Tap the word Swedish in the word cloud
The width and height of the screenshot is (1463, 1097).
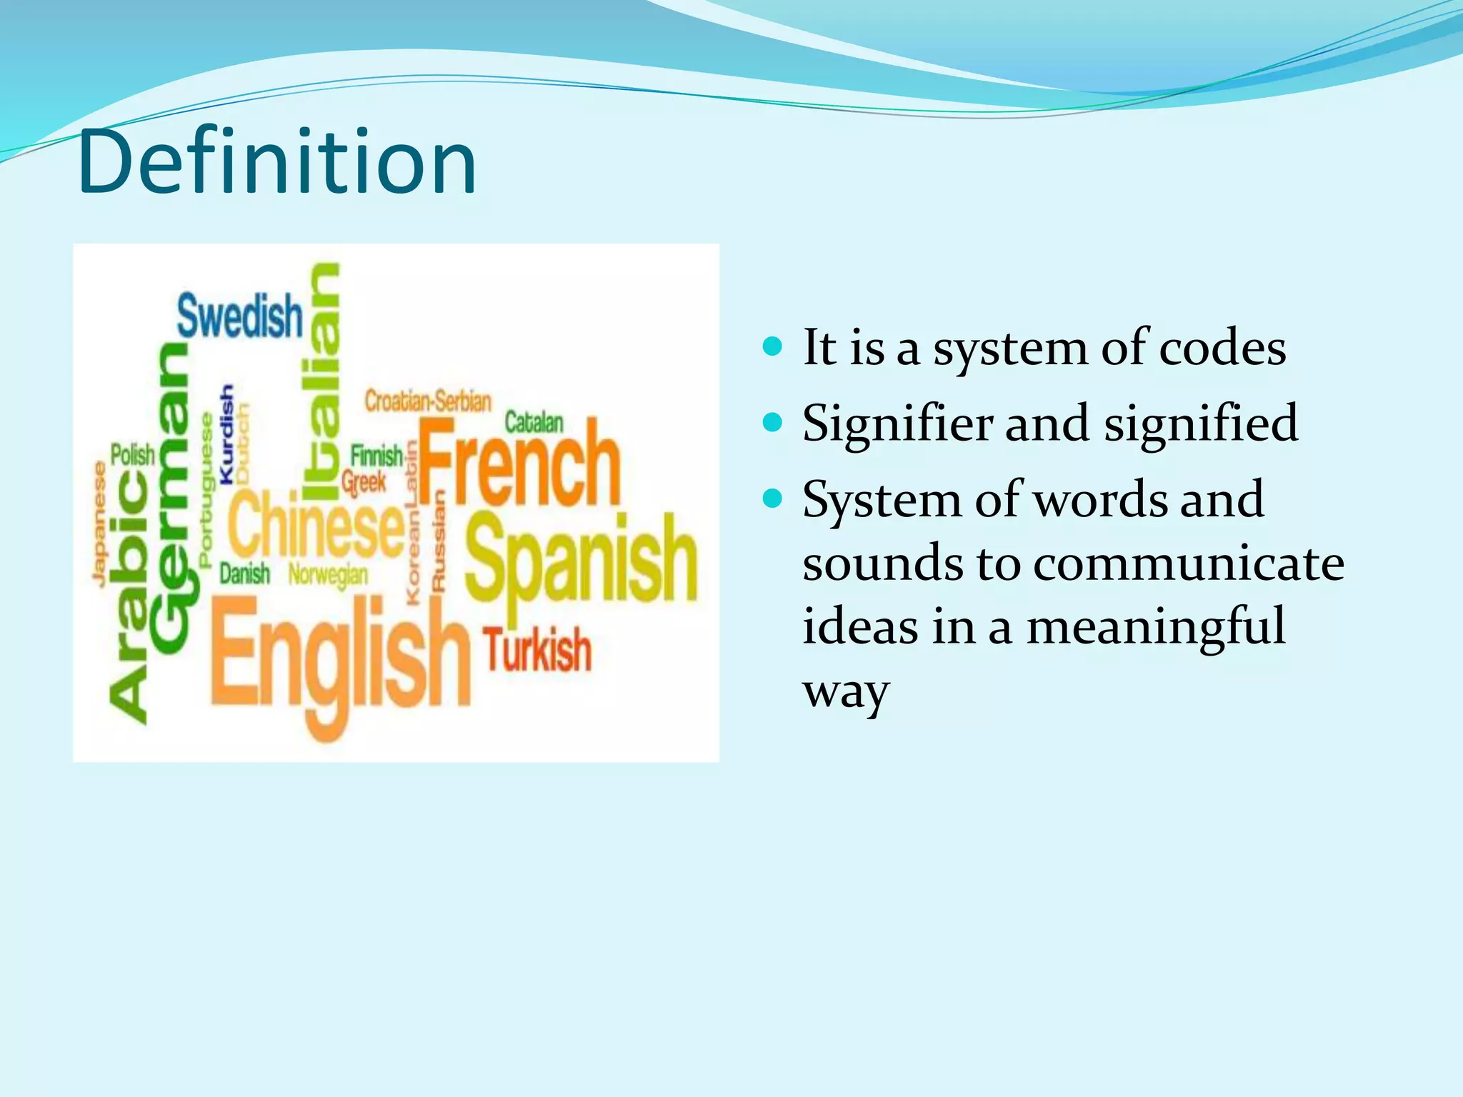point(240,316)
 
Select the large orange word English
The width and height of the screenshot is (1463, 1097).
point(340,661)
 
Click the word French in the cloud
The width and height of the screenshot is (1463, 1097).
point(519,463)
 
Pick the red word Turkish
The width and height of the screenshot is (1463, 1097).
point(538,651)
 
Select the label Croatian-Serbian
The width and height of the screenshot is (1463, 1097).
point(428,401)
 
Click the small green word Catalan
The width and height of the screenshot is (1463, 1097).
point(534,422)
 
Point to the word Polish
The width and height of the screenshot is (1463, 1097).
point(133,454)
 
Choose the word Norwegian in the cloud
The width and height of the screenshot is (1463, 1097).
point(329,574)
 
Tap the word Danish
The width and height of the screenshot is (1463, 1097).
point(244,573)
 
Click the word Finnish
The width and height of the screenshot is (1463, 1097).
point(376,455)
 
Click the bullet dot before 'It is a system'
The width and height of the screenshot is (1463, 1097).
point(772,348)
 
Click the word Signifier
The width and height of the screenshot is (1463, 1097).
point(897,424)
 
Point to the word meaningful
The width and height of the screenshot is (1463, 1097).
point(1155,626)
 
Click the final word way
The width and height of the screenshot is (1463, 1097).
point(845,691)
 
